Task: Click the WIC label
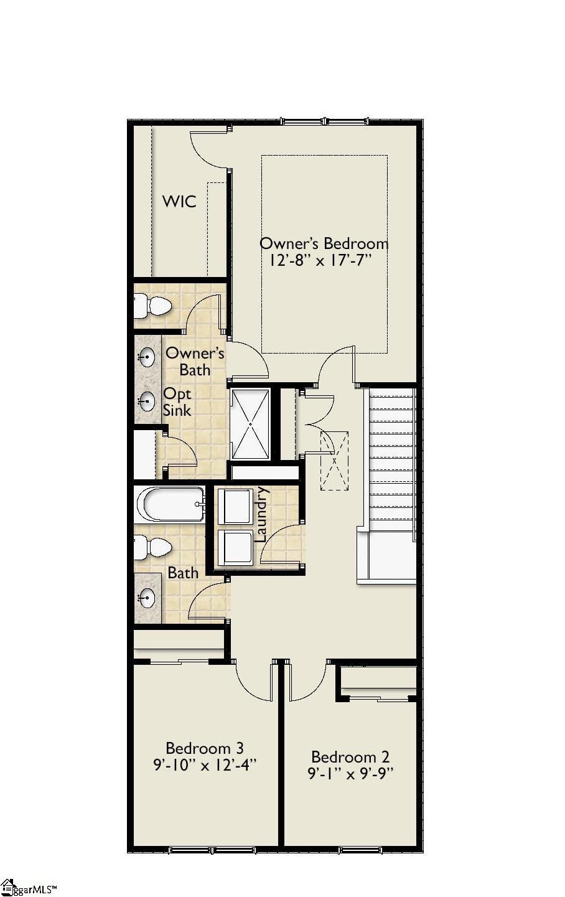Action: coord(179,202)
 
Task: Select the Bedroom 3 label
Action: coord(204,748)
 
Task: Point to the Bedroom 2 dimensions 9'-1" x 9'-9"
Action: coord(351,774)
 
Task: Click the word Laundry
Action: coord(261,514)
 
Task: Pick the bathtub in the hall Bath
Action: coord(170,503)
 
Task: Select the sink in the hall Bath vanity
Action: coord(147,598)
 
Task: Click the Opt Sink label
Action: coord(177,402)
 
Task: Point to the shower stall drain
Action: coord(250,425)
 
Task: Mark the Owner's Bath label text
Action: coord(195,362)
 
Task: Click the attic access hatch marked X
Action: coord(334,461)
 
